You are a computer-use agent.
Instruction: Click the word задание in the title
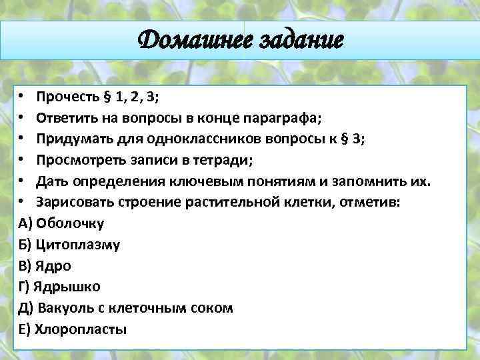pos(299,41)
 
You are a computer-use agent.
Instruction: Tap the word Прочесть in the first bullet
pos(68,97)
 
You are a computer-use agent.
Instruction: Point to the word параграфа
pos(288,119)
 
